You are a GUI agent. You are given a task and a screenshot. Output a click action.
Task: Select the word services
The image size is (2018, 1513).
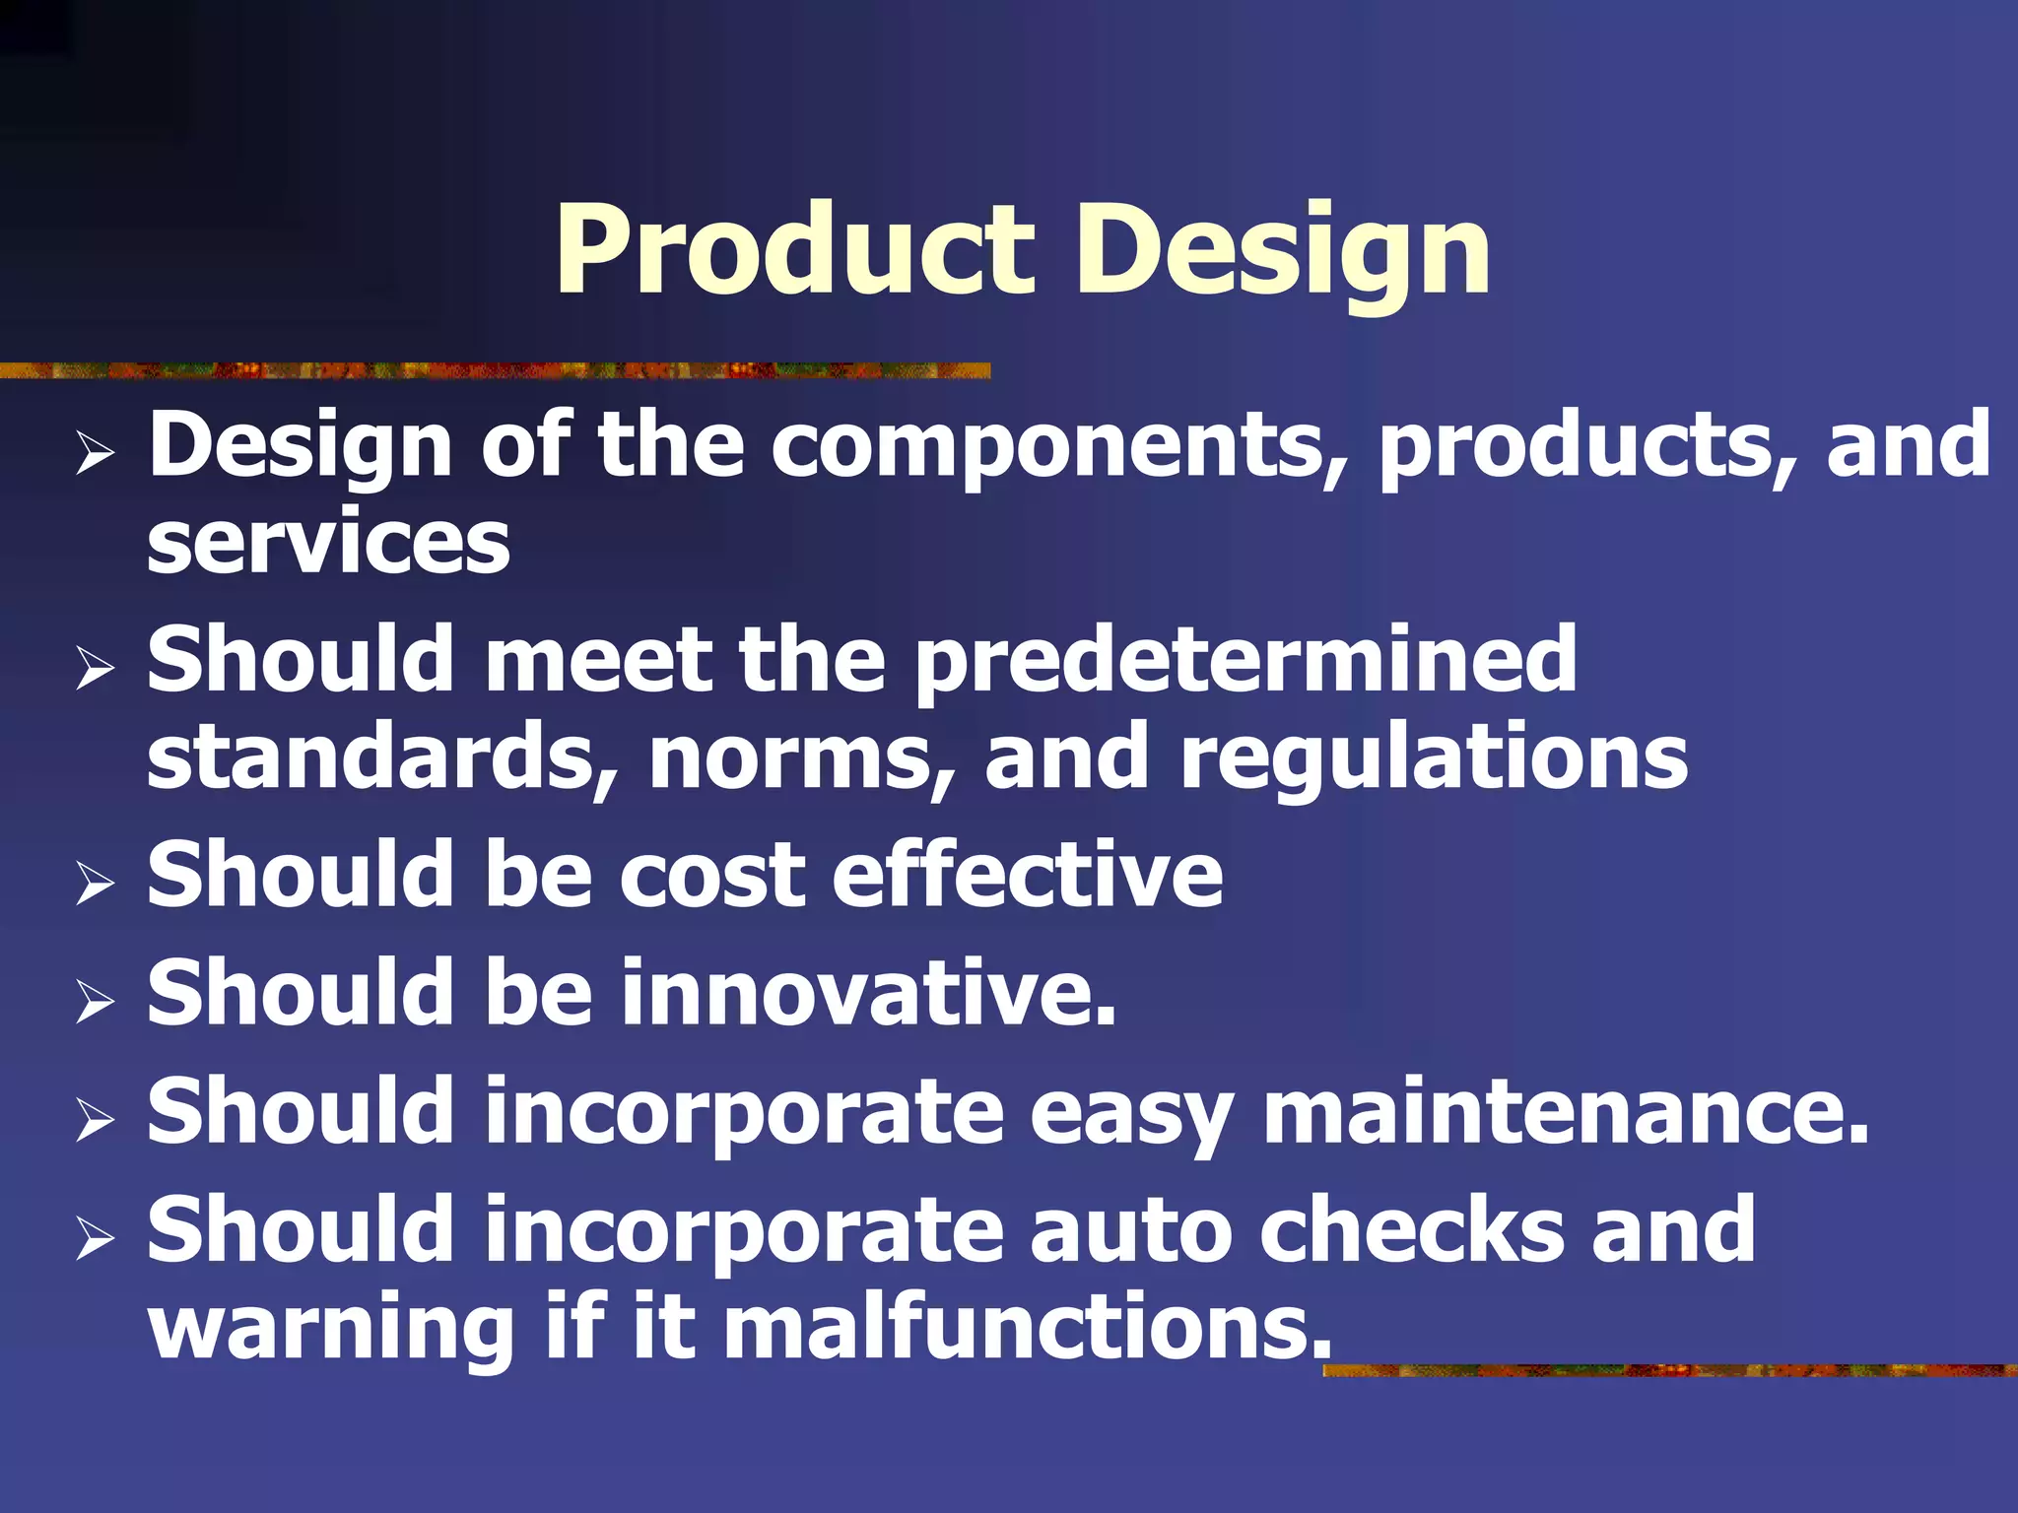[328, 544]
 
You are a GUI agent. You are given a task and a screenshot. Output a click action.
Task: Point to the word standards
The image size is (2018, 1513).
[382, 756]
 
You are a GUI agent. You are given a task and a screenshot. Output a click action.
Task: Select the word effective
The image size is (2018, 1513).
[1027, 875]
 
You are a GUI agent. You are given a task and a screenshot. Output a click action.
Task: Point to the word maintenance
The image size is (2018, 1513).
[1565, 1112]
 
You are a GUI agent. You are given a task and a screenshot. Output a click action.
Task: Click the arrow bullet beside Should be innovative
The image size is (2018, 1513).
[95, 1003]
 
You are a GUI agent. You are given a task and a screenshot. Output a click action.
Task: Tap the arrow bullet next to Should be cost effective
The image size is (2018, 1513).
[95, 884]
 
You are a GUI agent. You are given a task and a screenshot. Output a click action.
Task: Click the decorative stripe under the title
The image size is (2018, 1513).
[493, 370]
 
